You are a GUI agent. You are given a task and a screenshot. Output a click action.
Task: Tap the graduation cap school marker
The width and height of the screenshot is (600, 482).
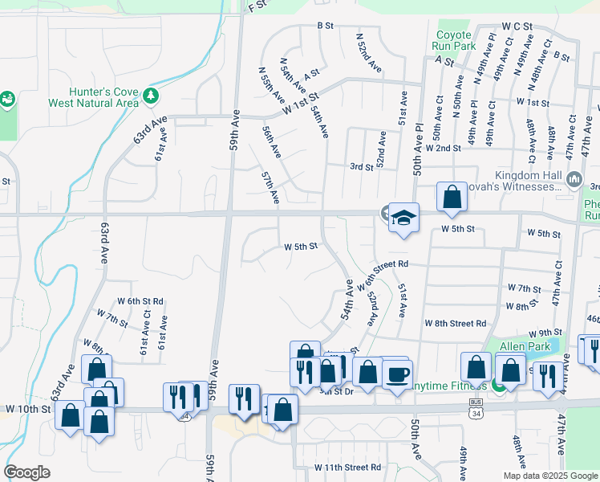click(404, 218)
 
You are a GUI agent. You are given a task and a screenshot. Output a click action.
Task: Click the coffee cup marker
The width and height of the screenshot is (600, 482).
click(397, 374)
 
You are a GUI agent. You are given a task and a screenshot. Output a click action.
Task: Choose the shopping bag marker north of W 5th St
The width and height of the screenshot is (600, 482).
click(452, 197)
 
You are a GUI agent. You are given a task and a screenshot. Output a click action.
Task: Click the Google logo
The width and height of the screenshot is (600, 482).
click(27, 472)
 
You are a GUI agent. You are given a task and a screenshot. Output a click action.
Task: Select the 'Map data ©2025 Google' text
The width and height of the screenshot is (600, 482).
click(549, 476)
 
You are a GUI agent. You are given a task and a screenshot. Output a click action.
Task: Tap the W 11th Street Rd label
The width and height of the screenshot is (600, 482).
click(347, 467)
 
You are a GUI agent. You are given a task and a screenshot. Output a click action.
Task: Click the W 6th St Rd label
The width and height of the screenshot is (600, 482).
click(140, 301)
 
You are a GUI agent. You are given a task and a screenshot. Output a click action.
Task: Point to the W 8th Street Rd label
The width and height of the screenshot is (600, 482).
click(455, 323)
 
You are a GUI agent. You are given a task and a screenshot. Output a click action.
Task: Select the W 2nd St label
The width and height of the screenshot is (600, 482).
click(444, 149)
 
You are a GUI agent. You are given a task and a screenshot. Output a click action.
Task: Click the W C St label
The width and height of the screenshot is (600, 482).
click(517, 27)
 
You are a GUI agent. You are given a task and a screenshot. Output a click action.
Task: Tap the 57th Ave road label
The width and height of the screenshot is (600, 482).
click(270, 186)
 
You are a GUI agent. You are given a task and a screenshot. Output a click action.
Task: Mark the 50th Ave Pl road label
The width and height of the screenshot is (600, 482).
click(418, 149)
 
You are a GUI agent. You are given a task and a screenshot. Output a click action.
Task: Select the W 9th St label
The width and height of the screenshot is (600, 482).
click(545, 332)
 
